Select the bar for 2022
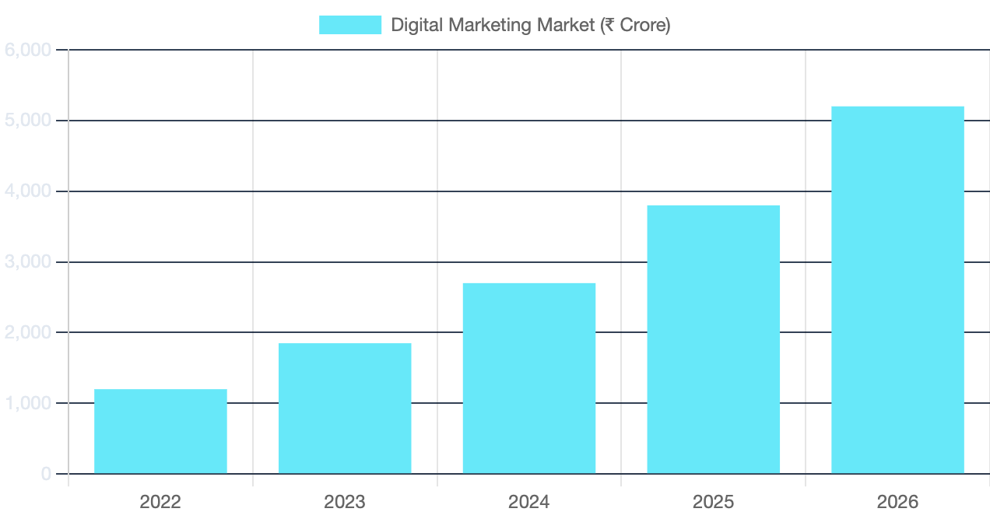(x=160, y=431)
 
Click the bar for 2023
(x=345, y=409)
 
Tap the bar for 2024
(x=528, y=378)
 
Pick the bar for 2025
(x=713, y=339)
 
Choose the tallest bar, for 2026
(x=897, y=289)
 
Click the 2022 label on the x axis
(x=160, y=502)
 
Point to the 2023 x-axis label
(x=345, y=502)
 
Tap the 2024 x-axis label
(x=528, y=502)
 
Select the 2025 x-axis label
(x=713, y=502)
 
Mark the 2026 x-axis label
(x=897, y=502)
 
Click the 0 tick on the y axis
(x=46, y=474)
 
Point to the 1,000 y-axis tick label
(x=28, y=403)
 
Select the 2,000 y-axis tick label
(x=28, y=332)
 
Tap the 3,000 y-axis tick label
(x=28, y=262)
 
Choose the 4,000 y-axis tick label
(x=28, y=191)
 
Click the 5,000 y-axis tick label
(x=28, y=121)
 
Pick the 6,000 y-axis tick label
(x=28, y=50)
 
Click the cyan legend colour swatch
(x=350, y=25)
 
